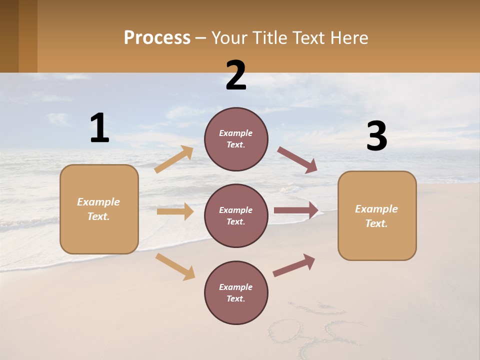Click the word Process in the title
(x=157, y=38)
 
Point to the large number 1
(x=99, y=128)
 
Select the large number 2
(x=236, y=75)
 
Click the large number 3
(x=376, y=136)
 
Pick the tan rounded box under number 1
(x=99, y=209)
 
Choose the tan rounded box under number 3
(x=377, y=216)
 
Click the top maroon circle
(x=236, y=139)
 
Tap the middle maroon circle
(x=236, y=216)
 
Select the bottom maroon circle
(x=236, y=293)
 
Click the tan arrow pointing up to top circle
(x=174, y=159)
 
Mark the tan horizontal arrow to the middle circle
(x=175, y=211)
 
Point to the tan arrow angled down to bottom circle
(x=175, y=266)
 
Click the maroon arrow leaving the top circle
(x=297, y=160)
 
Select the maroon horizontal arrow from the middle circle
(x=296, y=210)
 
